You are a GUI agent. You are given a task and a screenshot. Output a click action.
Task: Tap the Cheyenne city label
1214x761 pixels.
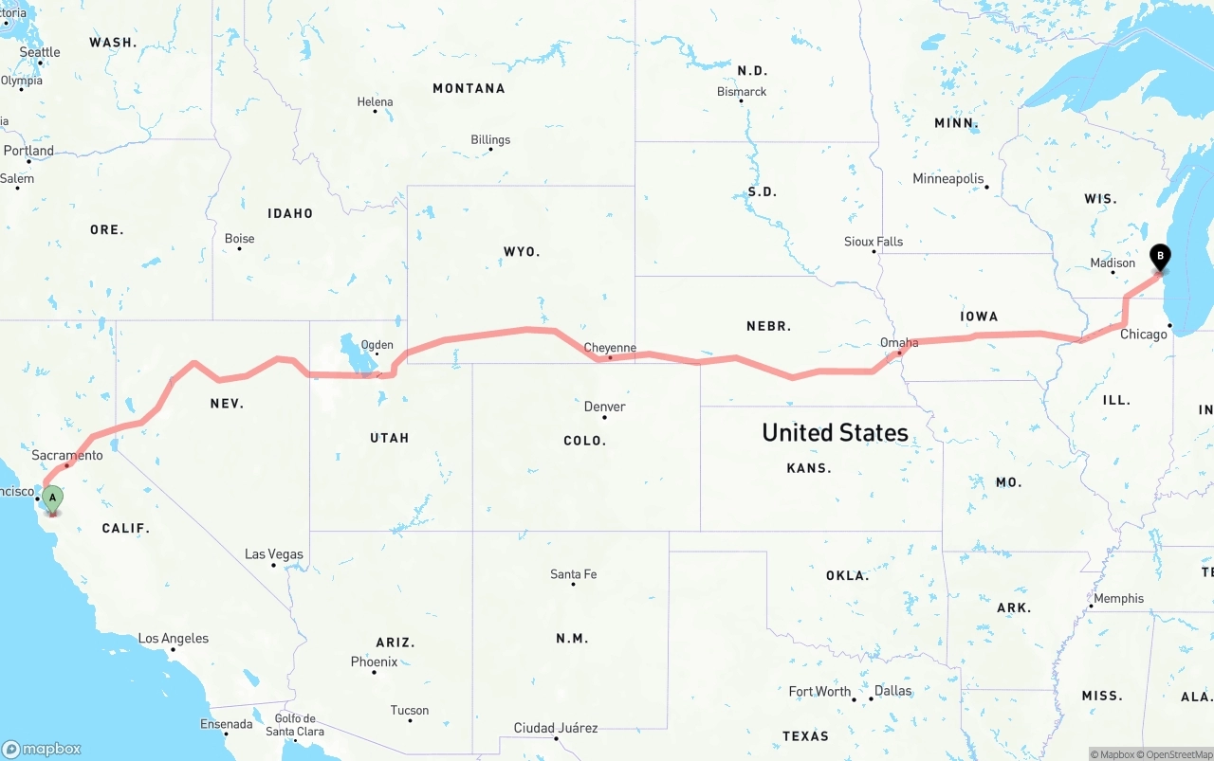tap(610, 348)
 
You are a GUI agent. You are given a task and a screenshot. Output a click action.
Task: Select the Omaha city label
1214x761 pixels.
tap(899, 342)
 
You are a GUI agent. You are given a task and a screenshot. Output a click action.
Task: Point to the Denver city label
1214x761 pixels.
tap(604, 407)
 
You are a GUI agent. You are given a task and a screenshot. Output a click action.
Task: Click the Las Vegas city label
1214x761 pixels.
tap(274, 554)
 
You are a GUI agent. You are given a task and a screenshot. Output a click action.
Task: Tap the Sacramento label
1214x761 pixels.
tap(67, 456)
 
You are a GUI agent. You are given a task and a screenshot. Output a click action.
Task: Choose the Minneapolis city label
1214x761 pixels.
tap(948, 178)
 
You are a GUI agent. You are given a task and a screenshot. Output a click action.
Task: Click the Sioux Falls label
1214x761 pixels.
tap(874, 242)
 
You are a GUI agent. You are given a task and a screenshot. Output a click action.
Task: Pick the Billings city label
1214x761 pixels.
tap(490, 139)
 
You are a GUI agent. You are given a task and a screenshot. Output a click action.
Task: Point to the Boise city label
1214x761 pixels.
tap(239, 239)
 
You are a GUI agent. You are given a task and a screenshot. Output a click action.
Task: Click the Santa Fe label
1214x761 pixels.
tap(574, 574)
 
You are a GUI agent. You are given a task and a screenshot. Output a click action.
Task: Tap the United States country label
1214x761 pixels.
tap(836, 433)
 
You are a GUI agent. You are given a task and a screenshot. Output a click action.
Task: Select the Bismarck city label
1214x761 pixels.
tap(742, 91)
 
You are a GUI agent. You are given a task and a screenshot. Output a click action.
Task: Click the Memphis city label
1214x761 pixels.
tap(1119, 598)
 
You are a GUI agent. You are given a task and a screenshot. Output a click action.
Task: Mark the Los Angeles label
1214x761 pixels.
tap(174, 639)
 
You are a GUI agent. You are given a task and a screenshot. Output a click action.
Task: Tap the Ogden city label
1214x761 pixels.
tap(377, 345)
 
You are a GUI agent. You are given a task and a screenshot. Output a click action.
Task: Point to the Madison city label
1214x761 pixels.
tap(1113, 263)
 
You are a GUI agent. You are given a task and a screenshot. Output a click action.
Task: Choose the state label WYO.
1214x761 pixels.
tap(522, 251)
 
